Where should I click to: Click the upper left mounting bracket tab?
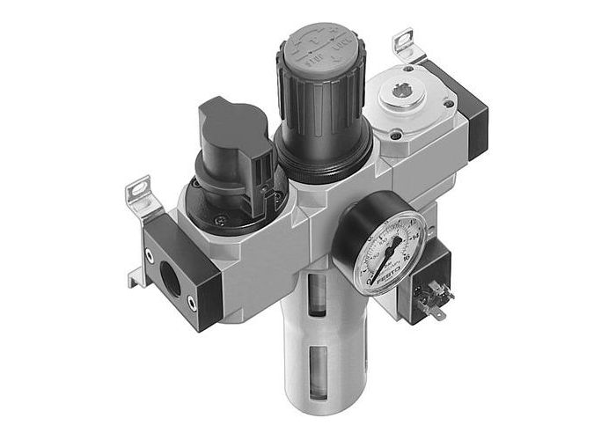click(138, 191)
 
